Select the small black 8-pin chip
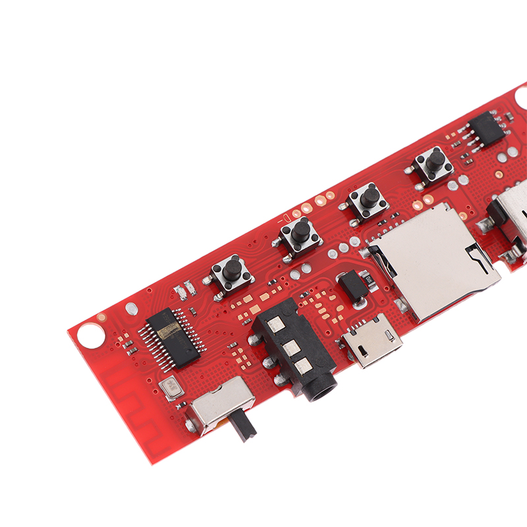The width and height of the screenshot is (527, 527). point(486,128)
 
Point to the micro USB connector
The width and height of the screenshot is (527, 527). point(373,341)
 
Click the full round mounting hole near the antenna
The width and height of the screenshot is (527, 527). point(90,335)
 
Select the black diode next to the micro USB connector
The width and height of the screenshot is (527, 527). point(352,287)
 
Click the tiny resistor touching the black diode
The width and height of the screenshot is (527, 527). point(369,284)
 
